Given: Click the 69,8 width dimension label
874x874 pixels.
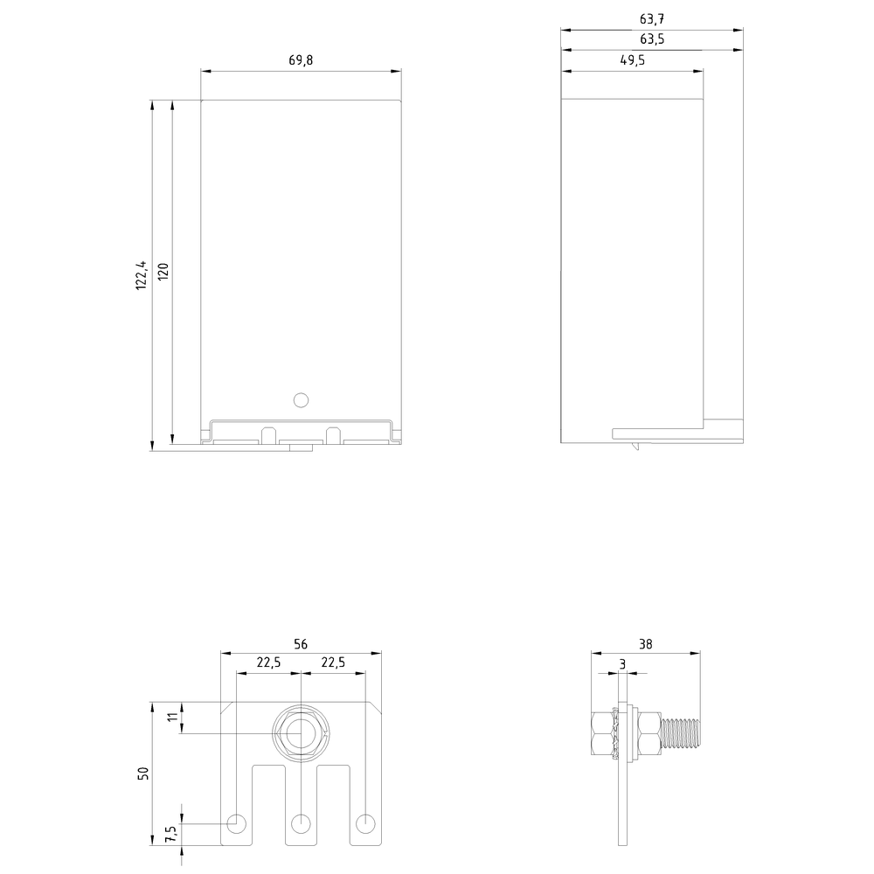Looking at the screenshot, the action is coord(301,60).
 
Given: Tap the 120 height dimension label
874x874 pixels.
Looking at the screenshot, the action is coord(163,272).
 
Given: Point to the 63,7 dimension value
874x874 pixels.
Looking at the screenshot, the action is coord(652,19).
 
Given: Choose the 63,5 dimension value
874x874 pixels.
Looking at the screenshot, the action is coord(652,39).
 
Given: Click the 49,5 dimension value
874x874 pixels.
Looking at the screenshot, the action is coord(633,60).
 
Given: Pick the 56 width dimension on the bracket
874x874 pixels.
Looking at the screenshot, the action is coord(301,644).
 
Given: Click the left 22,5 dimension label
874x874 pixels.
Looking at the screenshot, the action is coord(268,662).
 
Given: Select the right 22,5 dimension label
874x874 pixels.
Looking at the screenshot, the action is coord(333,662).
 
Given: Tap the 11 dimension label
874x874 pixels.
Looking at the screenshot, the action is coord(174,717).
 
